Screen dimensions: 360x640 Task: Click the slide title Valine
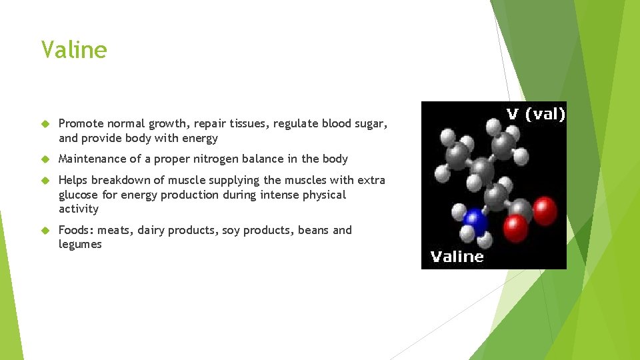tap(73, 50)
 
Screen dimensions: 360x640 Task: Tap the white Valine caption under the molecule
tap(457, 257)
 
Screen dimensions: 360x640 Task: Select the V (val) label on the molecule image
tap(535, 114)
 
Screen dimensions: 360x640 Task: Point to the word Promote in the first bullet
tap(81, 124)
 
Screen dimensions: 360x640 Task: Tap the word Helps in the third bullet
tap(73, 181)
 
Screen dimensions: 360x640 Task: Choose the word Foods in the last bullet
tap(75, 231)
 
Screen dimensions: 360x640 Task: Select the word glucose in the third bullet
tap(79, 195)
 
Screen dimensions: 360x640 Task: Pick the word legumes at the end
tap(80, 245)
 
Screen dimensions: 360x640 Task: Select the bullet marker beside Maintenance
tap(45, 159)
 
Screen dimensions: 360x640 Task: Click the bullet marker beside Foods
tap(45, 231)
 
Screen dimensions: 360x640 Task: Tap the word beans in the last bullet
tap(313, 231)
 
